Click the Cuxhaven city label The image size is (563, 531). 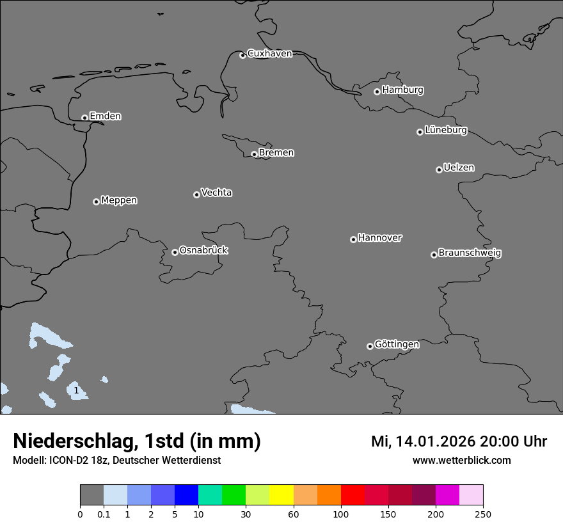tap(269, 54)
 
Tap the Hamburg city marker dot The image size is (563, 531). tap(377, 91)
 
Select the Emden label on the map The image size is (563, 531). tap(105, 116)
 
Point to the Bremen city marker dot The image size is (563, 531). tap(254, 154)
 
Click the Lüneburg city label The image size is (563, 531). tap(445, 131)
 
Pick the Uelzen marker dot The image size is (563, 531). tap(439, 170)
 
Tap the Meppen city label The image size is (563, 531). tap(119, 200)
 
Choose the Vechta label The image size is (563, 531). tap(216, 193)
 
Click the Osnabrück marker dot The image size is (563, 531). tap(175, 252)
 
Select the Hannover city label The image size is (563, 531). tap(379, 238)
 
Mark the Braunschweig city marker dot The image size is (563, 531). tap(434, 255)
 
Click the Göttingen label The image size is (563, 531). tap(397, 344)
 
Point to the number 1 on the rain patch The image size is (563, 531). tap(76, 390)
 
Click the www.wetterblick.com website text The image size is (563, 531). tap(462, 460)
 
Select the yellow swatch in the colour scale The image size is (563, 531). tap(281, 495)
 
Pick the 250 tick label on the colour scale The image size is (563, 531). tap(483, 514)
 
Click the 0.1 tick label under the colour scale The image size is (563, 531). tap(104, 514)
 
